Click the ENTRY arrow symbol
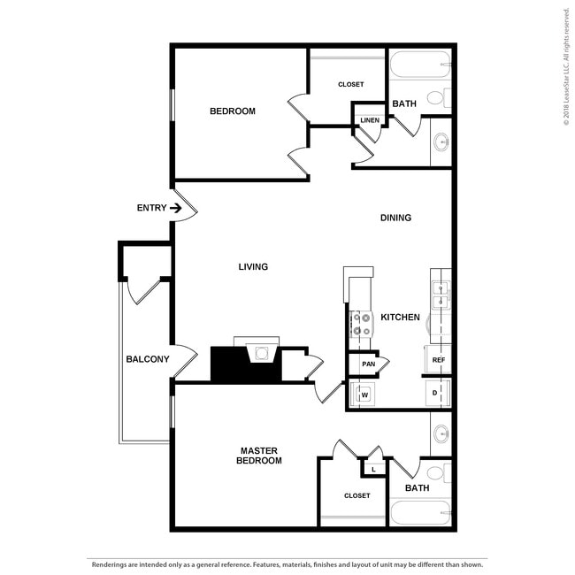point(176,209)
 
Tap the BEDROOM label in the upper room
point(233,111)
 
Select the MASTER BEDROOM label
point(260,456)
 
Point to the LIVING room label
point(253,266)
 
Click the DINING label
point(395,218)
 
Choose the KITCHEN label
point(400,317)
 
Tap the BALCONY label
point(147,359)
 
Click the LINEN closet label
point(370,120)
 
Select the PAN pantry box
point(369,363)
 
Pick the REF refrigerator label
point(438,360)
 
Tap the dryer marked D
point(436,392)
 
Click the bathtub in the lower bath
point(420,514)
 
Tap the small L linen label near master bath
point(373,469)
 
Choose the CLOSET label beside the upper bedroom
point(350,85)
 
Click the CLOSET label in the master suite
point(357,495)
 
